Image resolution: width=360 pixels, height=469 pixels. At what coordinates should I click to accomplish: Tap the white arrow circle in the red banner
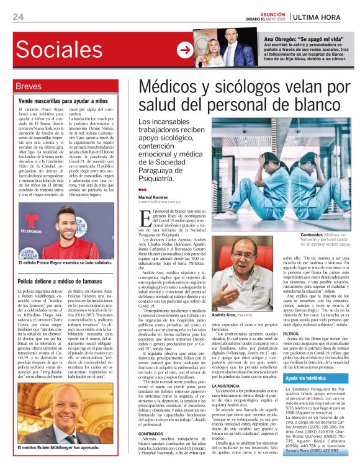(x=184, y=50)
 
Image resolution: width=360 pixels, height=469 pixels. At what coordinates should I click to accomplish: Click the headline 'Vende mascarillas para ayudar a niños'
(x=63, y=100)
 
